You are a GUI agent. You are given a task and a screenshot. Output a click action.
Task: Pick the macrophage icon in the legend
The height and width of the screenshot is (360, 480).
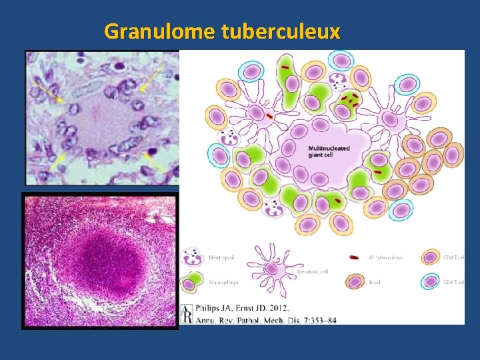(192, 281)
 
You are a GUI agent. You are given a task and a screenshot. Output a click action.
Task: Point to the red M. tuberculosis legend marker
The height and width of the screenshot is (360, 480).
(353, 257)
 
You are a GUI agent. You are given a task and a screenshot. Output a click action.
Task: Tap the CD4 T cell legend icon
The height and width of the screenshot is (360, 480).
(431, 257)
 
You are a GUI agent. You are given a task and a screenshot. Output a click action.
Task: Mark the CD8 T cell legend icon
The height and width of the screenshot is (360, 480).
(431, 281)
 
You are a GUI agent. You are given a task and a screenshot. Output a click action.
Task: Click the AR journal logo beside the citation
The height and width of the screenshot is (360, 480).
(187, 314)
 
